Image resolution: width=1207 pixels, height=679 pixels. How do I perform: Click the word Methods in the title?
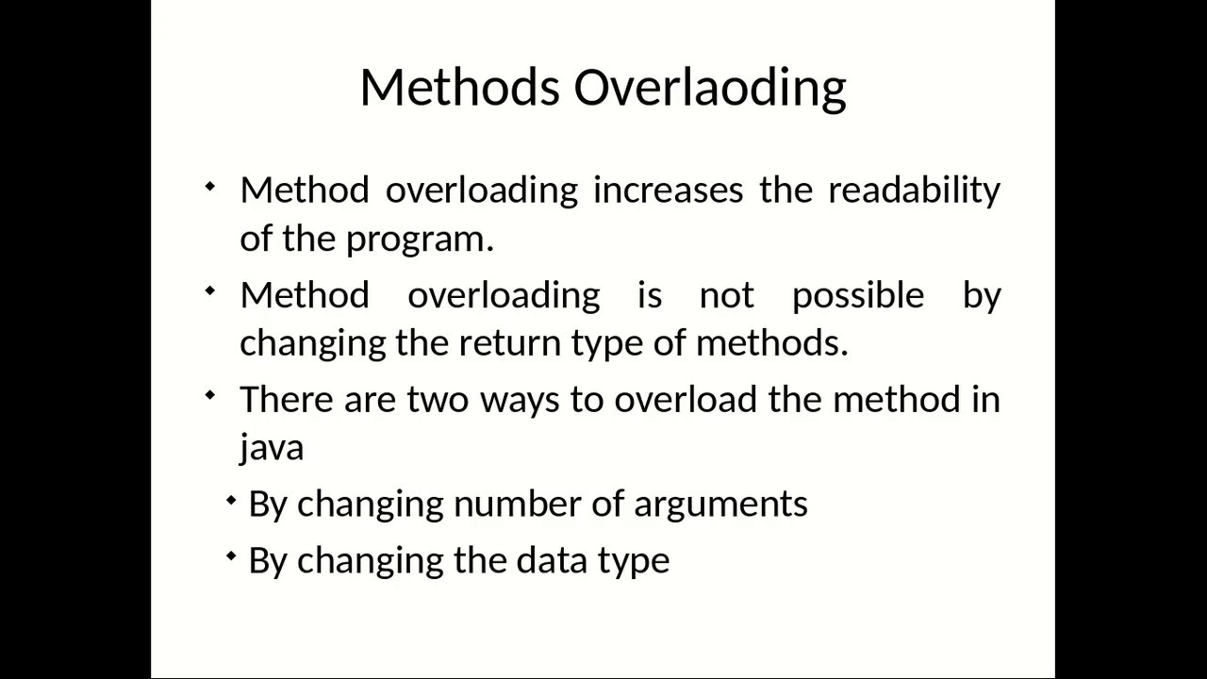[459, 87]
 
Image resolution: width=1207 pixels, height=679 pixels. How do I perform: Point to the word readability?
[913, 190]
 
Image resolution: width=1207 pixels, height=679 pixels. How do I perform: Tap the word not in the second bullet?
[726, 295]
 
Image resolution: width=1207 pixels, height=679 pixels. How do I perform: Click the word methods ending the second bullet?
[771, 342]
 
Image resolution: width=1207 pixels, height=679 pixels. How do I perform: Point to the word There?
[287, 399]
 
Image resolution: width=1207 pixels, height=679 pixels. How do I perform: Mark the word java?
[272, 446]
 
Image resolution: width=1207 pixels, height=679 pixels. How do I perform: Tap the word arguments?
[720, 505]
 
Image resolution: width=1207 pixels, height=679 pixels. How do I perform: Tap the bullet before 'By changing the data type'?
[232, 556]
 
